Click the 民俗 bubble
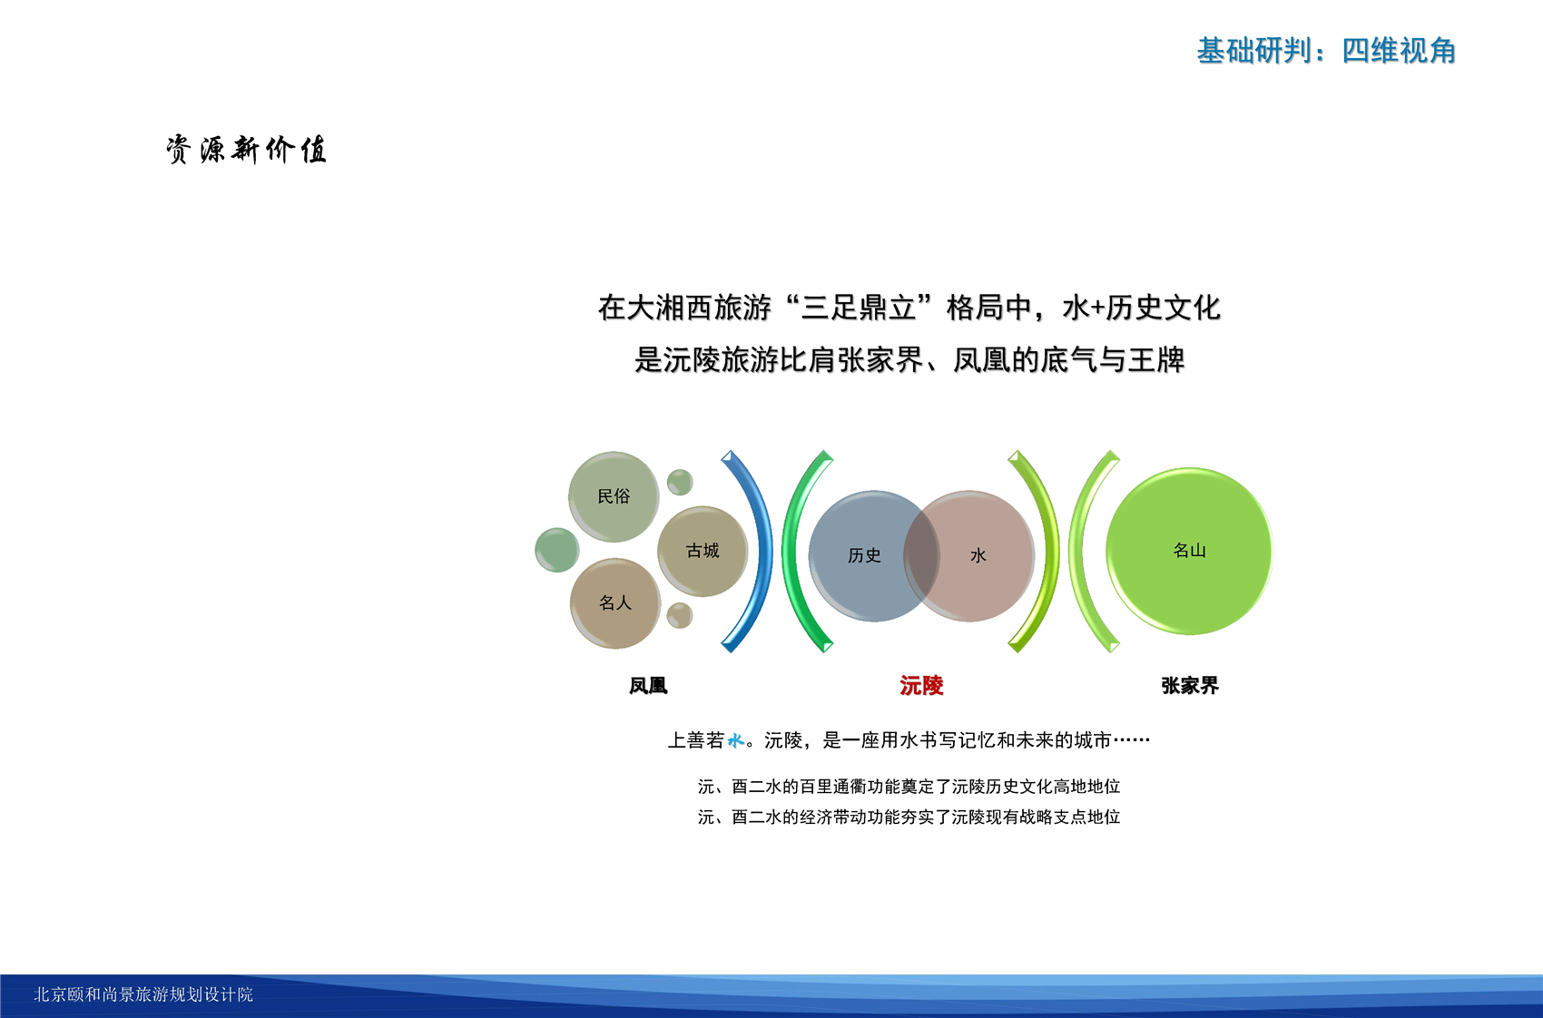(613, 496)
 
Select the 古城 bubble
(703, 551)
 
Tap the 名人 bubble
(615, 603)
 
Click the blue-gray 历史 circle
(874, 556)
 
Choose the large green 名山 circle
(1190, 551)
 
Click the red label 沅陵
(921, 686)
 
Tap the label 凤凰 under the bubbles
(648, 686)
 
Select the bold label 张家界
(1190, 686)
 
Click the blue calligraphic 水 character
(736, 740)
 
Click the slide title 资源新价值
(246, 150)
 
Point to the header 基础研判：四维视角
(1326, 51)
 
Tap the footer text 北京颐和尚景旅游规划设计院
(143, 994)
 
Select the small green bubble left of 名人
(556, 550)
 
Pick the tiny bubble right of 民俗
(680, 482)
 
